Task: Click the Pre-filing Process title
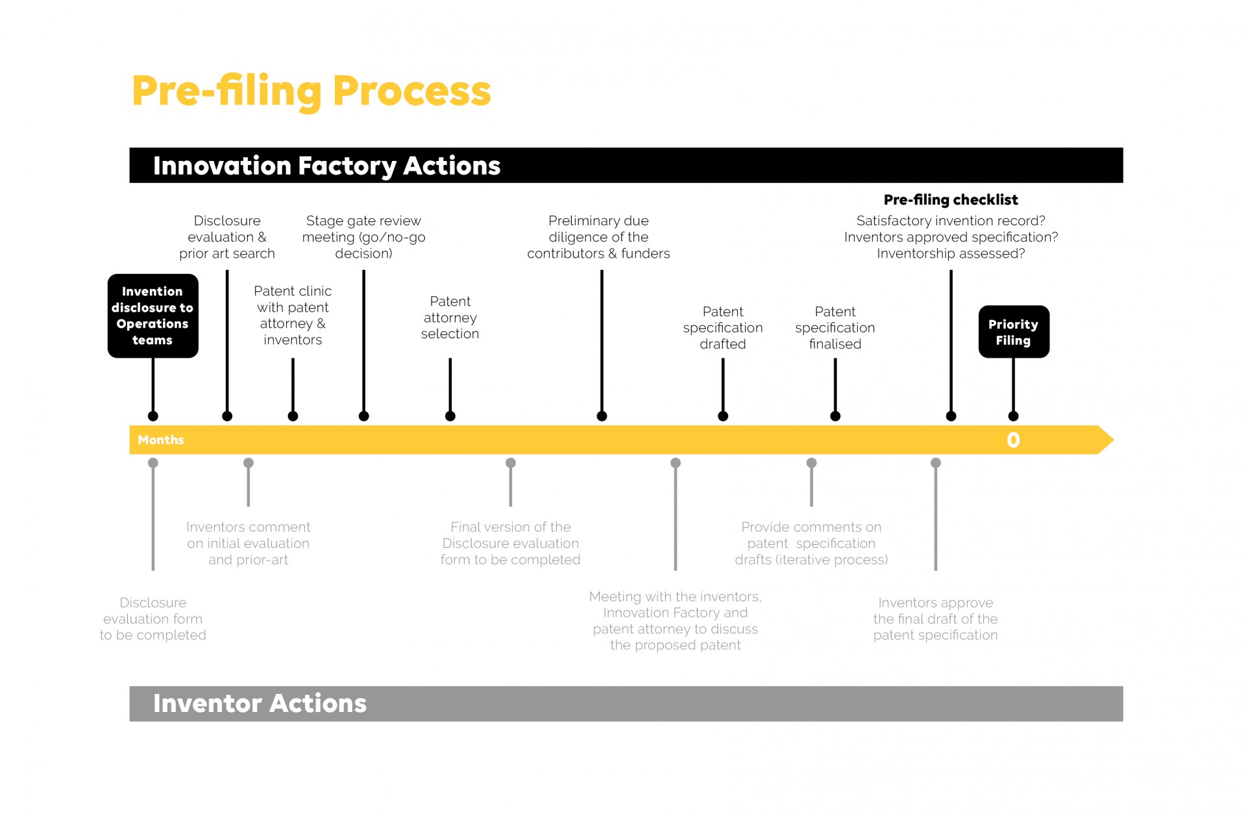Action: [x=311, y=92]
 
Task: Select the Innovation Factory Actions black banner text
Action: [x=326, y=166]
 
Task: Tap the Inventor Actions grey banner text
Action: [x=260, y=704]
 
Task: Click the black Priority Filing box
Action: [x=1013, y=332]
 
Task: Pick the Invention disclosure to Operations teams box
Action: [x=153, y=315]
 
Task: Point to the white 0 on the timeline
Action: [x=1013, y=440]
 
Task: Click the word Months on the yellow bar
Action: [x=161, y=440]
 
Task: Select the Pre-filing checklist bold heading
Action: [x=951, y=200]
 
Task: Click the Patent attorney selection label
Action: [x=450, y=317]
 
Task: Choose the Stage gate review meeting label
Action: [x=363, y=237]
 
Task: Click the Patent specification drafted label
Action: [x=722, y=328]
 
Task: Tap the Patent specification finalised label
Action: [x=835, y=328]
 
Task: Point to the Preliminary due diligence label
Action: [x=598, y=237]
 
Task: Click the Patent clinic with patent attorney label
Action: [x=293, y=315]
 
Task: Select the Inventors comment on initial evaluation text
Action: [x=248, y=543]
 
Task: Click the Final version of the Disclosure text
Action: [x=510, y=543]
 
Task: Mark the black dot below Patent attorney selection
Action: [x=450, y=416]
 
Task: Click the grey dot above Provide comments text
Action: [x=811, y=463]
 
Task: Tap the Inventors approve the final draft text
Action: [x=935, y=619]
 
